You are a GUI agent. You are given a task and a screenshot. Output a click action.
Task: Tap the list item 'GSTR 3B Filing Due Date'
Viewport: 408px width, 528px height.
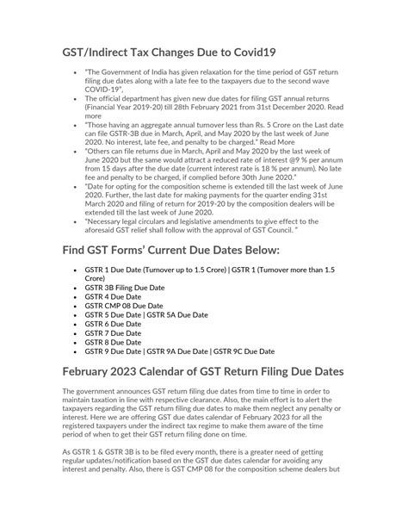tap(124, 287)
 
